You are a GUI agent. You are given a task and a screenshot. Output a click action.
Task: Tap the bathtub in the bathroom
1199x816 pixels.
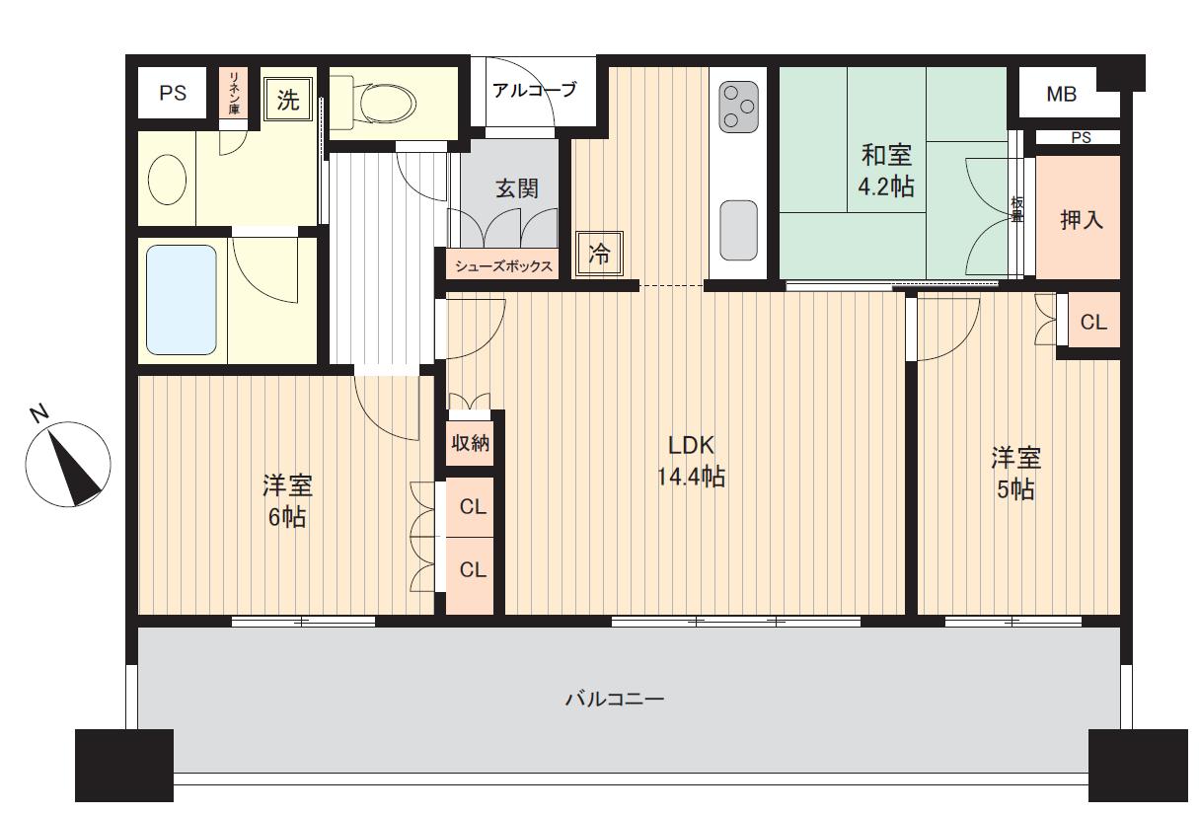(182, 300)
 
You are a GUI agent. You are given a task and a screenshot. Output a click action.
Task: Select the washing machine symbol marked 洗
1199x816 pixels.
(288, 100)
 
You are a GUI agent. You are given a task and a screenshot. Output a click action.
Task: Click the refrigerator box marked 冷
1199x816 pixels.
(600, 254)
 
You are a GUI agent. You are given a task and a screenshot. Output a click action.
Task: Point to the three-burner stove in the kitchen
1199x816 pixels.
(739, 107)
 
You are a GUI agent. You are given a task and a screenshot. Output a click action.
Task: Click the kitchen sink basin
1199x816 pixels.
(739, 230)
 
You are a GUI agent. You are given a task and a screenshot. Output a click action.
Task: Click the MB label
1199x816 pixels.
(1062, 95)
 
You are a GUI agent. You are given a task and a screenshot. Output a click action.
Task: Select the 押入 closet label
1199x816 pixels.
(1082, 220)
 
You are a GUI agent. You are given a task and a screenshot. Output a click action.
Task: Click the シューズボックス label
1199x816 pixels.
(503, 266)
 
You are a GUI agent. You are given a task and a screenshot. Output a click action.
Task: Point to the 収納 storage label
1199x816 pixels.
(470, 442)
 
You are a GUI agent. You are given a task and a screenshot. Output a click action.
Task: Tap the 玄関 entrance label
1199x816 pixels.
(516, 188)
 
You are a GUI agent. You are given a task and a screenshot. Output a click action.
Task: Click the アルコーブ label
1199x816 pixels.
(535, 90)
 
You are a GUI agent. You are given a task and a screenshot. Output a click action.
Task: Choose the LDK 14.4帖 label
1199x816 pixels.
(691, 461)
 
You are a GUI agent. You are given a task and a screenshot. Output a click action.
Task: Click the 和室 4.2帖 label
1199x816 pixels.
(886, 171)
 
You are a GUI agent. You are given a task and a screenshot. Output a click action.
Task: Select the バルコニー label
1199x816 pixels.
(615, 699)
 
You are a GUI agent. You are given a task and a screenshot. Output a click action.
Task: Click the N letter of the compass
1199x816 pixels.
(39, 413)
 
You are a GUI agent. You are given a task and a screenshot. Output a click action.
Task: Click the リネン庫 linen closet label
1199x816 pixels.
(234, 92)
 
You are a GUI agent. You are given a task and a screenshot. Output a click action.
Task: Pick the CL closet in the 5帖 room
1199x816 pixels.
(1093, 322)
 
